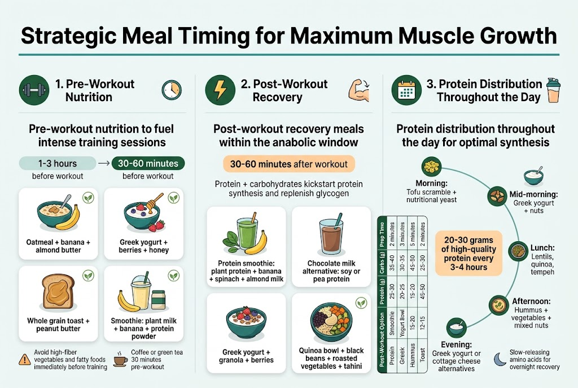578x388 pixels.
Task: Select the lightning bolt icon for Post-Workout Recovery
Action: coord(221,90)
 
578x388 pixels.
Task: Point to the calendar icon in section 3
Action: coord(406,90)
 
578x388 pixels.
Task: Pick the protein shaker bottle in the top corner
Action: coord(554,90)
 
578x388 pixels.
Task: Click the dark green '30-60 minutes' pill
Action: coord(148,164)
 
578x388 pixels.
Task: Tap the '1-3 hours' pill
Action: coord(58,164)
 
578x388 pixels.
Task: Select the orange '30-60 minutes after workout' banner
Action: coord(289,164)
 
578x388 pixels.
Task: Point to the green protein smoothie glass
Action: coord(247,233)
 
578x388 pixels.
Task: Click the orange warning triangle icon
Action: coord(25,358)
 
